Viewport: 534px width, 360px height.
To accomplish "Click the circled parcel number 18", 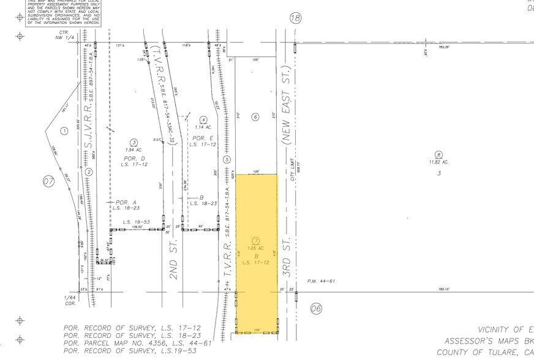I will click(x=296, y=18).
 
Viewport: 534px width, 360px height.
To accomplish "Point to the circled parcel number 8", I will click(x=438, y=154).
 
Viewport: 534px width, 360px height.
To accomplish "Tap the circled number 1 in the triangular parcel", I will click(x=63, y=130).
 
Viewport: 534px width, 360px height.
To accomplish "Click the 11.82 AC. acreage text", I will click(x=438, y=162).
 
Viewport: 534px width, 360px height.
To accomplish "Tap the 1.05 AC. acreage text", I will click(x=257, y=248).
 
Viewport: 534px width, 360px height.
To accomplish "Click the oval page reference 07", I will click(x=48, y=181).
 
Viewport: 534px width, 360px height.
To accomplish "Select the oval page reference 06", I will click(x=316, y=309).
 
